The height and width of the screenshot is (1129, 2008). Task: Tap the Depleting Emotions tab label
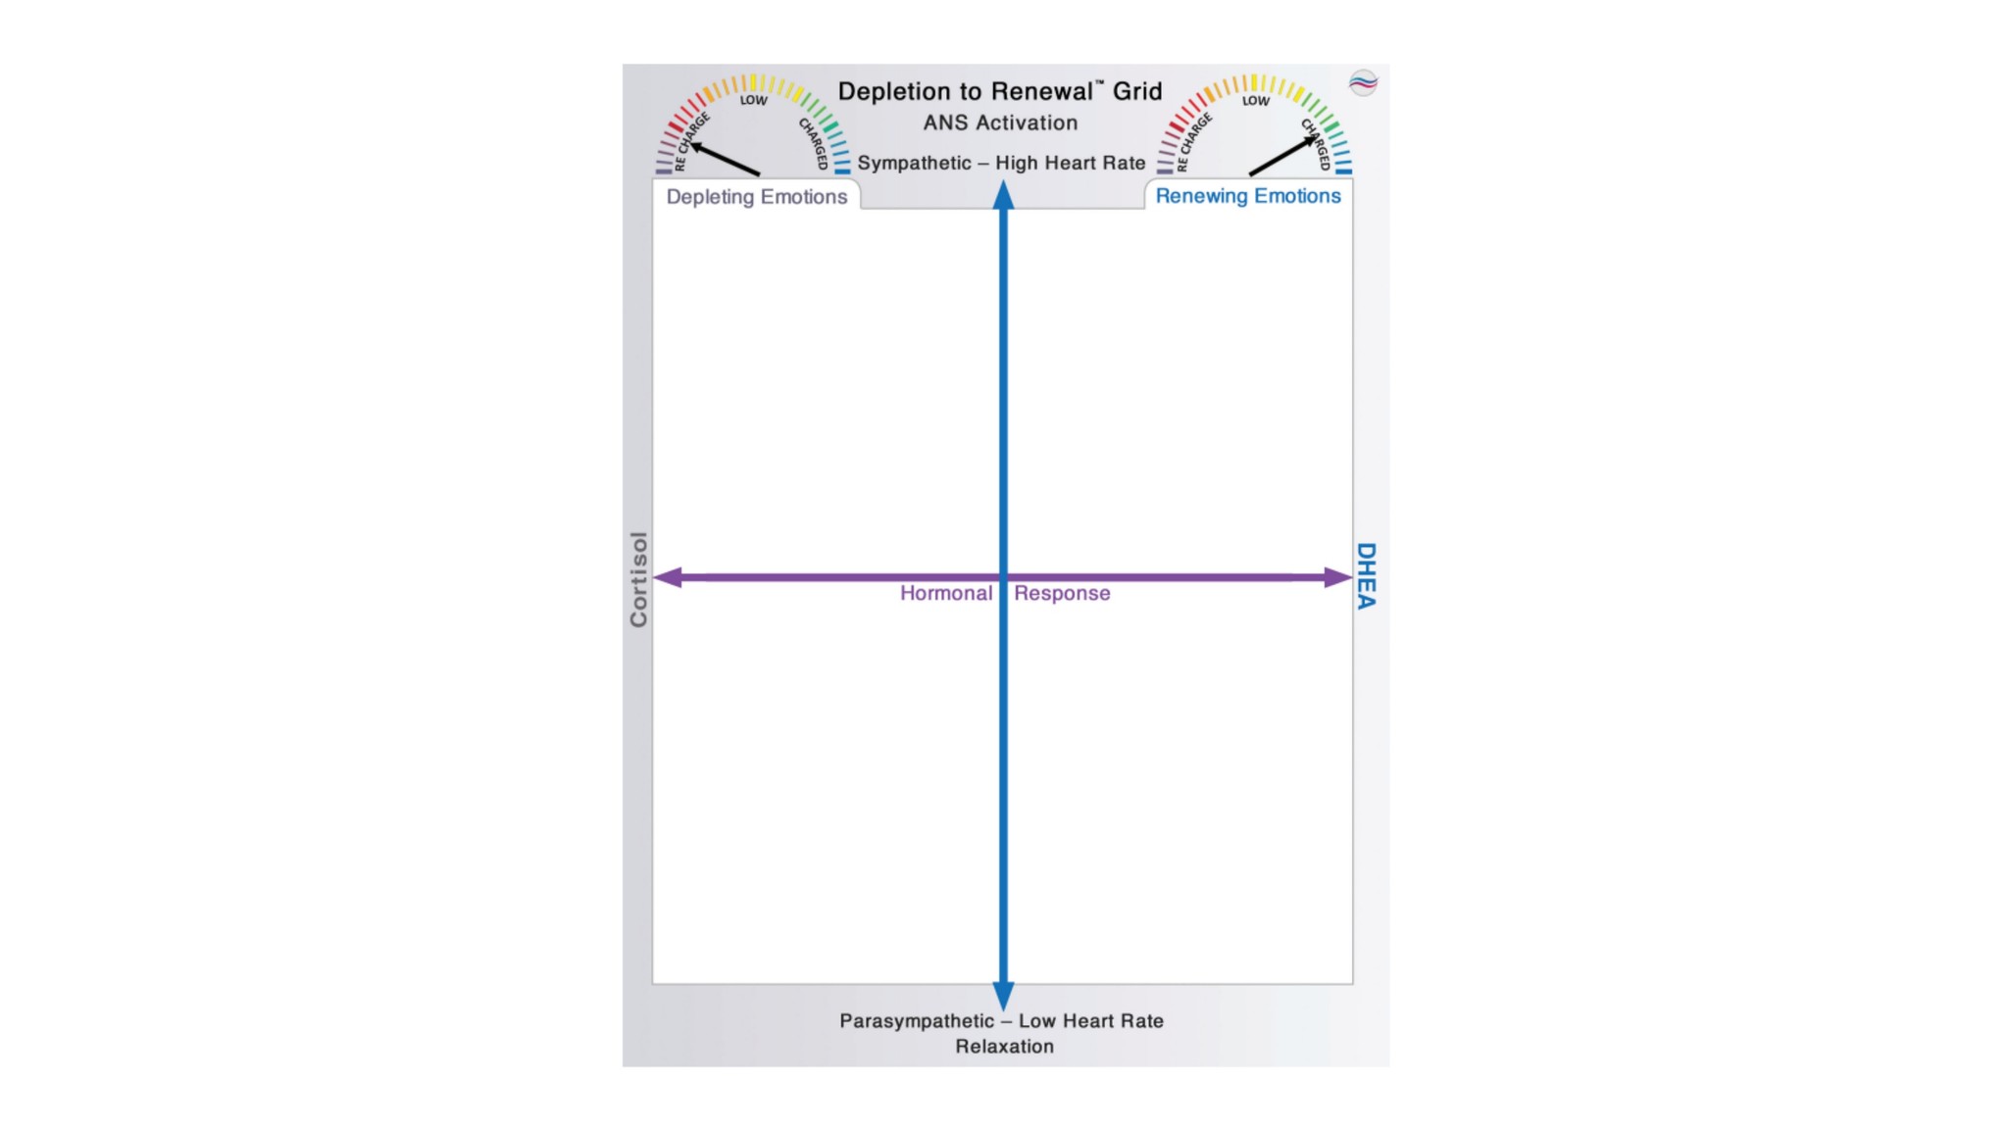tap(756, 197)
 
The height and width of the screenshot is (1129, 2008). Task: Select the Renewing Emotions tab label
tap(1247, 196)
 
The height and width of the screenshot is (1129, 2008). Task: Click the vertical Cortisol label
tap(638, 579)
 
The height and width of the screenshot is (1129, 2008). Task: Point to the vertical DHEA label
tap(1366, 576)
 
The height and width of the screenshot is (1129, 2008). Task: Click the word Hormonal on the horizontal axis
tap(945, 594)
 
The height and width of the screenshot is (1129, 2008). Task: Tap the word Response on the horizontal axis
tap(1062, 594)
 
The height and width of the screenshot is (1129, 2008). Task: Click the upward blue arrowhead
tap(1003, 195)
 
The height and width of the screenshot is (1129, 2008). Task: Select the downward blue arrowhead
tap(1003, 996)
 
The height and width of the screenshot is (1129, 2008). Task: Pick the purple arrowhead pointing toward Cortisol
tap(668, 577)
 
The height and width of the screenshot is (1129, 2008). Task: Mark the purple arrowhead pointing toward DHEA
tap(1338, 577)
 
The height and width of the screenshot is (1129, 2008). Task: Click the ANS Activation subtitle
tap(1000, 123)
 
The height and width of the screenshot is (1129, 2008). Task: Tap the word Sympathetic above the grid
tap(914, 164)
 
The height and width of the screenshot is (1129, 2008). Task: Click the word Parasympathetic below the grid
tap(916, 1021)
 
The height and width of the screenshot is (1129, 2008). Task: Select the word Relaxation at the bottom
tap(1004, 1047)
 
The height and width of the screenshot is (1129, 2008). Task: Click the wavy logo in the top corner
tap(1363, 83)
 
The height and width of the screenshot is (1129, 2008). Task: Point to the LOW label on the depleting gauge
tap(753, 100)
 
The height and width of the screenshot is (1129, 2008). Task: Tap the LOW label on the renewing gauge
tap(1255, 100)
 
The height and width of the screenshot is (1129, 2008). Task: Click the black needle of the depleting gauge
tap(725, 160)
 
